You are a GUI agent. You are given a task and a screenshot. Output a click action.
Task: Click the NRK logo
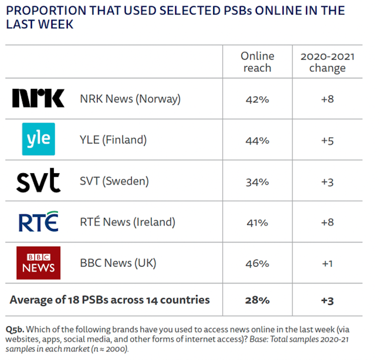(38, 98)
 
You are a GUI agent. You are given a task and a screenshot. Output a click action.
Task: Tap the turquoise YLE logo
(38, 139)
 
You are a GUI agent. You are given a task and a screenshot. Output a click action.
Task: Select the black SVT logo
(38, 181)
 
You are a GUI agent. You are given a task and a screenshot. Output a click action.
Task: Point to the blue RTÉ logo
(38, 221)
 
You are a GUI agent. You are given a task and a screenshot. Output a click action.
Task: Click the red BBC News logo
(38, 263)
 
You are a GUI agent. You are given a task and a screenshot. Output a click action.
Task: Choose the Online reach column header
(257, 62)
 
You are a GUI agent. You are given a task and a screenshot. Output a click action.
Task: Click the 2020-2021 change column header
(327, 62)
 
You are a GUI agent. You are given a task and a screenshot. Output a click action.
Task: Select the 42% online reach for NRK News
(257, 99)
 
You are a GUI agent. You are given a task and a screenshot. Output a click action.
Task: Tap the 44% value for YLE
(257, 140)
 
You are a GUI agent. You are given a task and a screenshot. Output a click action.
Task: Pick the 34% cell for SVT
(257, 181)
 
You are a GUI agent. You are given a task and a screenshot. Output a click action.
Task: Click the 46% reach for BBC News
(257, 263)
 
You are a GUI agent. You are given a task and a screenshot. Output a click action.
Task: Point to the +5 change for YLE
(327, 140)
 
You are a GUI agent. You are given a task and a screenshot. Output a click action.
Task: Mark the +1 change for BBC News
(327, 263)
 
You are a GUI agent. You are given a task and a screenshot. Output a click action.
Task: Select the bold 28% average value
(257, 300)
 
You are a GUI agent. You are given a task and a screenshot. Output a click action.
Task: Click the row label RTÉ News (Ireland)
(128, 222)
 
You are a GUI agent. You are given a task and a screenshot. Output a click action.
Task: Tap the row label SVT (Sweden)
(114, 181)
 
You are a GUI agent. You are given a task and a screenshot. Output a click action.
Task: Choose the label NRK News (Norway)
(130, 99)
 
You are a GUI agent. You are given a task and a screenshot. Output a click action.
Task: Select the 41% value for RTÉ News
(257, 222)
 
